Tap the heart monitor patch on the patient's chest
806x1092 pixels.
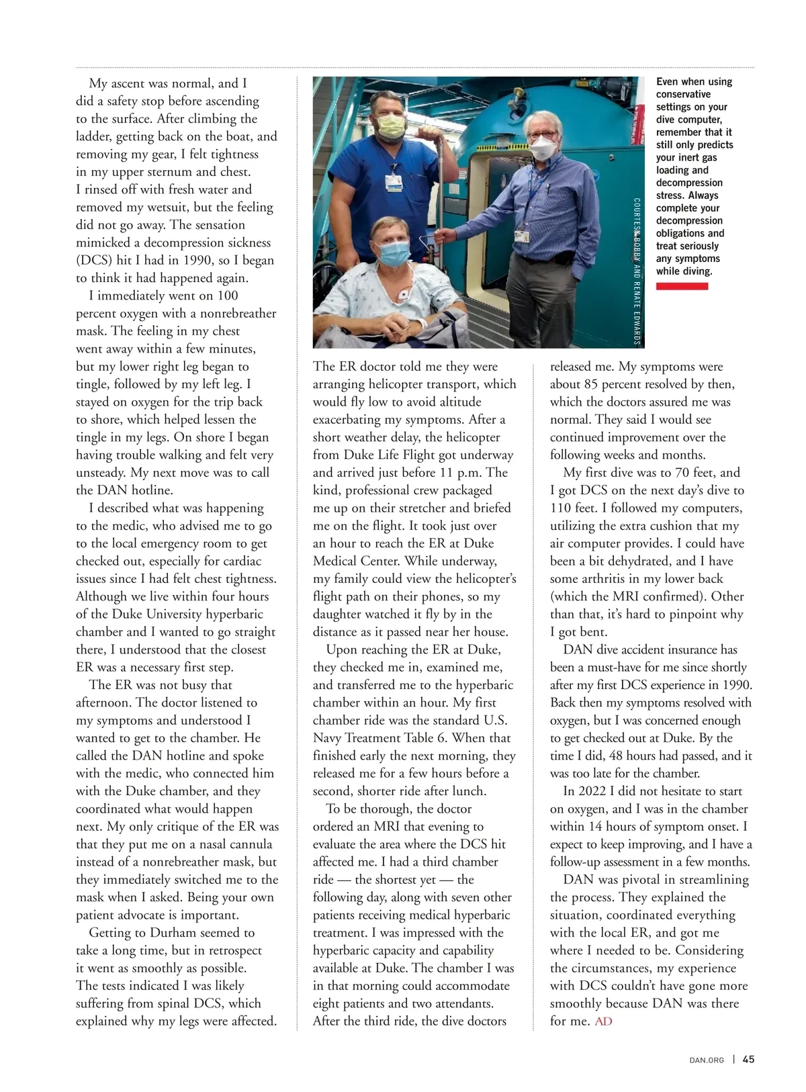tap(406, 295)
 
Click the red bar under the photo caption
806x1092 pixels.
tap(682, 286)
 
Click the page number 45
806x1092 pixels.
tap(748, 1059)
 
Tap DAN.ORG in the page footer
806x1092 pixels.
tap(707, 1060)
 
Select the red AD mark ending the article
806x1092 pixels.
tap(603, 1021)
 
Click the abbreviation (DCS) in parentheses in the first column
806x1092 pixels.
tap(93, 260)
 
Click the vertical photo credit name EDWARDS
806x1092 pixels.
tap(637, 322)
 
